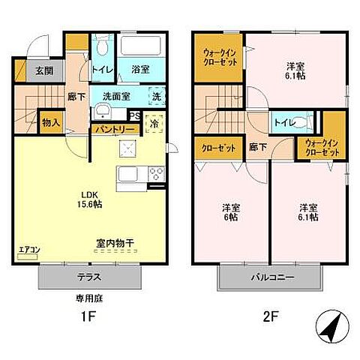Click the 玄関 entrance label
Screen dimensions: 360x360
coord(43,72)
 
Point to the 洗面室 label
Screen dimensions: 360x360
coord(117,97)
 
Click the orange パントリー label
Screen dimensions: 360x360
coord(115,129)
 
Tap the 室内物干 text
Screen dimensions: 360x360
coord(115,244)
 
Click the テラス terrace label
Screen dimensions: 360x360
coord(89,277)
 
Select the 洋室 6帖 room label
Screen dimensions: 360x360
coord(231,211)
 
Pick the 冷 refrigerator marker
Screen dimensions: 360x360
coord(154,122)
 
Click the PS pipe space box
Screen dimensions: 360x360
coord(135,115)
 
